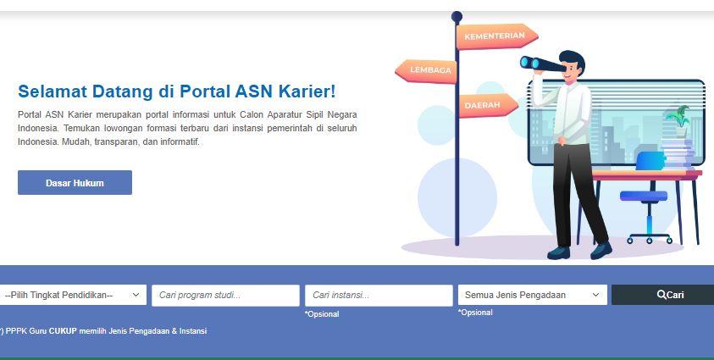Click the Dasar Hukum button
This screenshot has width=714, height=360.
[75, 183]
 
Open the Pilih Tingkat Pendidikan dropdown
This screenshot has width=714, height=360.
[73, 295]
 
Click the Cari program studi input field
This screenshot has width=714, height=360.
[225, 295]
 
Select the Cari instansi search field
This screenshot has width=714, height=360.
[379, 295]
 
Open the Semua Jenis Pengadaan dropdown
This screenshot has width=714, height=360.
[532, 295]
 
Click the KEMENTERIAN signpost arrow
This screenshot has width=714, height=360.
[495, 36]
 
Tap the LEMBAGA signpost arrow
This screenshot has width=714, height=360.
[429, 70]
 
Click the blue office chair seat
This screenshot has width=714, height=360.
[643, 197]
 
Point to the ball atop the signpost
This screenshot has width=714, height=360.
[457, 16]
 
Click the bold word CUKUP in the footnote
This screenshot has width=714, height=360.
[63, 331]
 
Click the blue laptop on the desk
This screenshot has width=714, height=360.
[650, 161]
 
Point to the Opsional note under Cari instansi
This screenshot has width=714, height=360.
[322, 314]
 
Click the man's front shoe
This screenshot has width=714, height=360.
[601, 249]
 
